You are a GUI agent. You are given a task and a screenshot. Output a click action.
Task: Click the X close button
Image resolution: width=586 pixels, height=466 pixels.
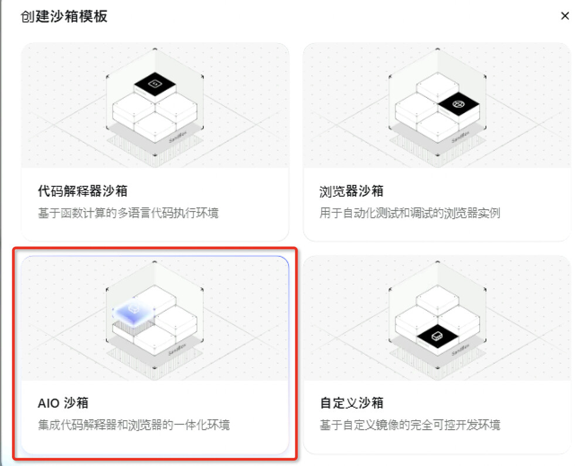click(x=565, y=16)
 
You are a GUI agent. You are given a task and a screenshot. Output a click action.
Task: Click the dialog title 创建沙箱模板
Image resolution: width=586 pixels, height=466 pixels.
click(x=64, y=16)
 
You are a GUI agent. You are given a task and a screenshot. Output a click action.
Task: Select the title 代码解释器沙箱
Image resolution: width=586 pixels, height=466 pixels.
click(x=83, y=191)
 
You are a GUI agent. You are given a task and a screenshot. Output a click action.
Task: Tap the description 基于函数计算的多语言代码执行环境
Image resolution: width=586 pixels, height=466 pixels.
click(x=128, y=213)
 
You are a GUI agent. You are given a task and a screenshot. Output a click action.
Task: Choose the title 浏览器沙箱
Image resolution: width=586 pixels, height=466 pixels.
click(x=351, y=191)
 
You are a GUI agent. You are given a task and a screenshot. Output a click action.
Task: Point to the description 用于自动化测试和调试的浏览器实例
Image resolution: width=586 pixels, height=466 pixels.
click(x=410, y=213)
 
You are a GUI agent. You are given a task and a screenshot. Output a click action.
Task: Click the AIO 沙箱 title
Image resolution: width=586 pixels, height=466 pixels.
click(x=63, y=403)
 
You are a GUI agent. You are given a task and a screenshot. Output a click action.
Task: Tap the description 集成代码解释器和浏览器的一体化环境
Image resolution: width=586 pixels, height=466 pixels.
click(x=134, y=425)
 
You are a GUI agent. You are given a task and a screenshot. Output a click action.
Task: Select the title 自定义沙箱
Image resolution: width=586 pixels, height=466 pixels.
click(x=352, y=403)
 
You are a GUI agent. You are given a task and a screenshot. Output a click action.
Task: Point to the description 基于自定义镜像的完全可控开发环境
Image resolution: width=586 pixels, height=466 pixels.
click(x=410, y=425)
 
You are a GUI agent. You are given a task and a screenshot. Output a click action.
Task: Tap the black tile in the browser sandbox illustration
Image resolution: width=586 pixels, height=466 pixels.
click(x=459, y=104)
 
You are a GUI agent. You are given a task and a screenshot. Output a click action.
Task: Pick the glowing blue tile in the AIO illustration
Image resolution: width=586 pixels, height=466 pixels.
click(x=134, y=311)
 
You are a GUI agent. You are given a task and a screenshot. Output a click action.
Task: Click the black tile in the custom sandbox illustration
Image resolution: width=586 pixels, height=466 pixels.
click(x=437, y=336)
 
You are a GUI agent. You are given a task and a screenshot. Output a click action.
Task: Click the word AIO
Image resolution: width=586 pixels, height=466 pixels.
click(x=49, y=403)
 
